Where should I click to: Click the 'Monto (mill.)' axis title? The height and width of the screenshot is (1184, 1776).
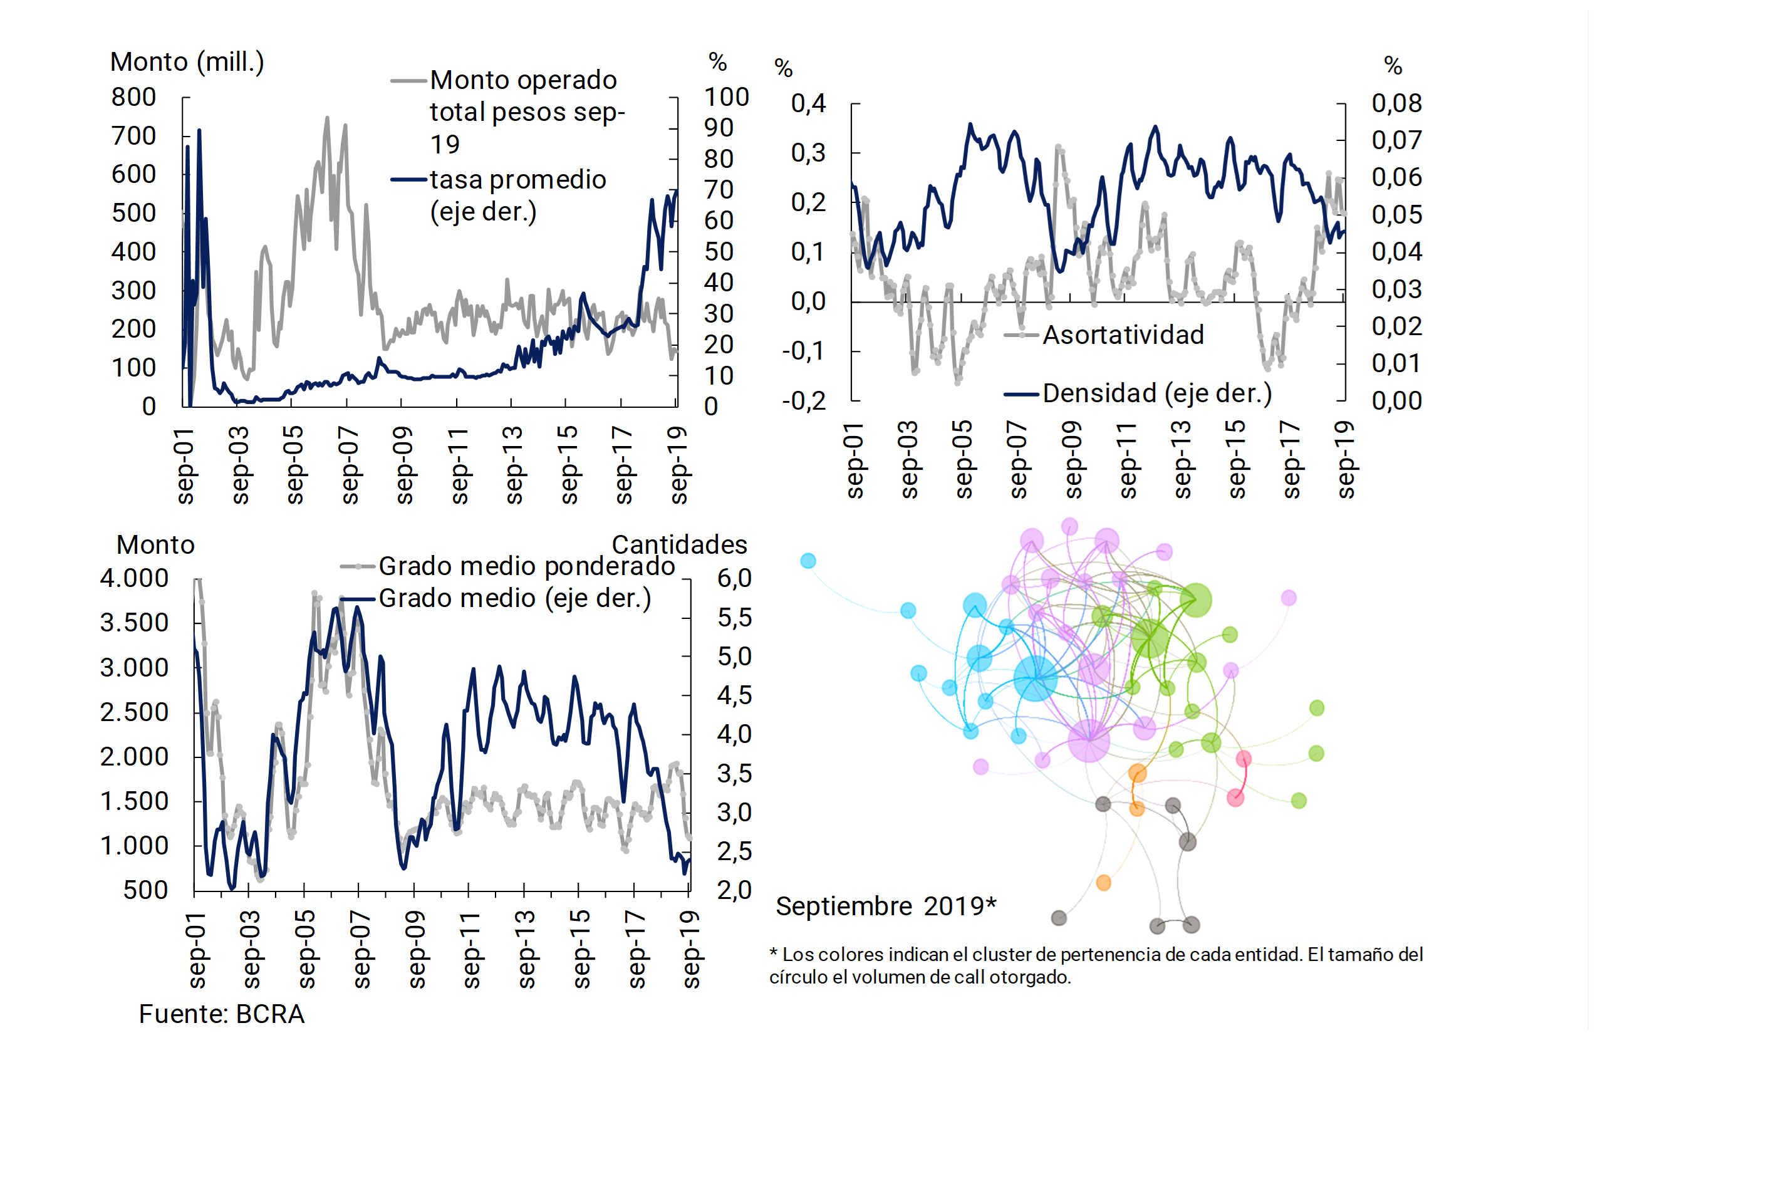187,62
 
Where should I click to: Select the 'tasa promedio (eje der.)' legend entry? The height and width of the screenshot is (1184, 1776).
518,195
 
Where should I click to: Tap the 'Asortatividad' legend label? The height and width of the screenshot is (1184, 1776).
1123,335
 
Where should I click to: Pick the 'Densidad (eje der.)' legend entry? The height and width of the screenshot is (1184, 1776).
1157,393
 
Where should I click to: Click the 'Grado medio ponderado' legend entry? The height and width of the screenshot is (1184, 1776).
526,566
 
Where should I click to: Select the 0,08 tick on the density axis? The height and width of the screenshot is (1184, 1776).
1396,103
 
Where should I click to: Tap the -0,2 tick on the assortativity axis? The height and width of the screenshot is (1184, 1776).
804,401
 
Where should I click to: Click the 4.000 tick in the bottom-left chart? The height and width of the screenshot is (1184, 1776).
135,578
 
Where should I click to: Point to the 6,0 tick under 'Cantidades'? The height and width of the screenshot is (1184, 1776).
734,578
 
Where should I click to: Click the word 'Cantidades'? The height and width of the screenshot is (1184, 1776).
679,544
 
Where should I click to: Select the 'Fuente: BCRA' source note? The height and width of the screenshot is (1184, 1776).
221,1014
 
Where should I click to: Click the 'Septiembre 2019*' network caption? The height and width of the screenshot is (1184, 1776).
886,906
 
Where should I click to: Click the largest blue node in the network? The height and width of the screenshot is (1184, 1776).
1036,678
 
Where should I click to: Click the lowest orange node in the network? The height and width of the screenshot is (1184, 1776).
1103,883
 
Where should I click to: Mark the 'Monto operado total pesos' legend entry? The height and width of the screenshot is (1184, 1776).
527,112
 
